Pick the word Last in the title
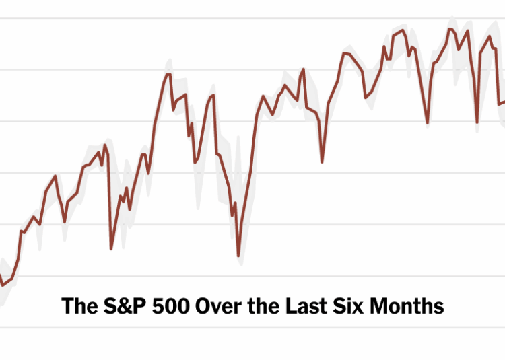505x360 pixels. [x=300, y=306]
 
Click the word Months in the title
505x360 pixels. [x=406, y=306]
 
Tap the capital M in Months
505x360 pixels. [x=376, y=306]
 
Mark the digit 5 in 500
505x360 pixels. [x=158, y=306]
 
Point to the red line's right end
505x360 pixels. [x=504, y=102]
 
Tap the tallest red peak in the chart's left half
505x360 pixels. [x=168, y=74]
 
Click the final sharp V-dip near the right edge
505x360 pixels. [x=477, y=122]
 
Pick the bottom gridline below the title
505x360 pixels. [x=252, y=328]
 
